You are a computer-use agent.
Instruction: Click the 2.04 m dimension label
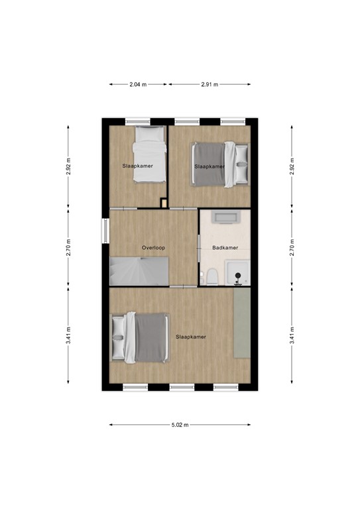click(139, 85)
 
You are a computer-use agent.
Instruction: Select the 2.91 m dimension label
click(210, 85)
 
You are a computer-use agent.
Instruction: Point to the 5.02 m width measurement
click(180, 425)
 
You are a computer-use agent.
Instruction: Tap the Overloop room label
click(153, 248)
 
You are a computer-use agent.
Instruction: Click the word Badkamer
click(225, 248)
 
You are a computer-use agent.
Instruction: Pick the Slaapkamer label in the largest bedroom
click(191, 337)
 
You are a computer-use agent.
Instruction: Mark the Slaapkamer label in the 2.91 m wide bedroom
click(210, 166)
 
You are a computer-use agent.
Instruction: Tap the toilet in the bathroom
click(211, 277)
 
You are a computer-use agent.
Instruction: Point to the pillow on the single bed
click(149, 133)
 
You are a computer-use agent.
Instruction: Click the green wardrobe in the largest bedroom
click(242, 323)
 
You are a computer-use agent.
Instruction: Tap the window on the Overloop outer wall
click(105, 231)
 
